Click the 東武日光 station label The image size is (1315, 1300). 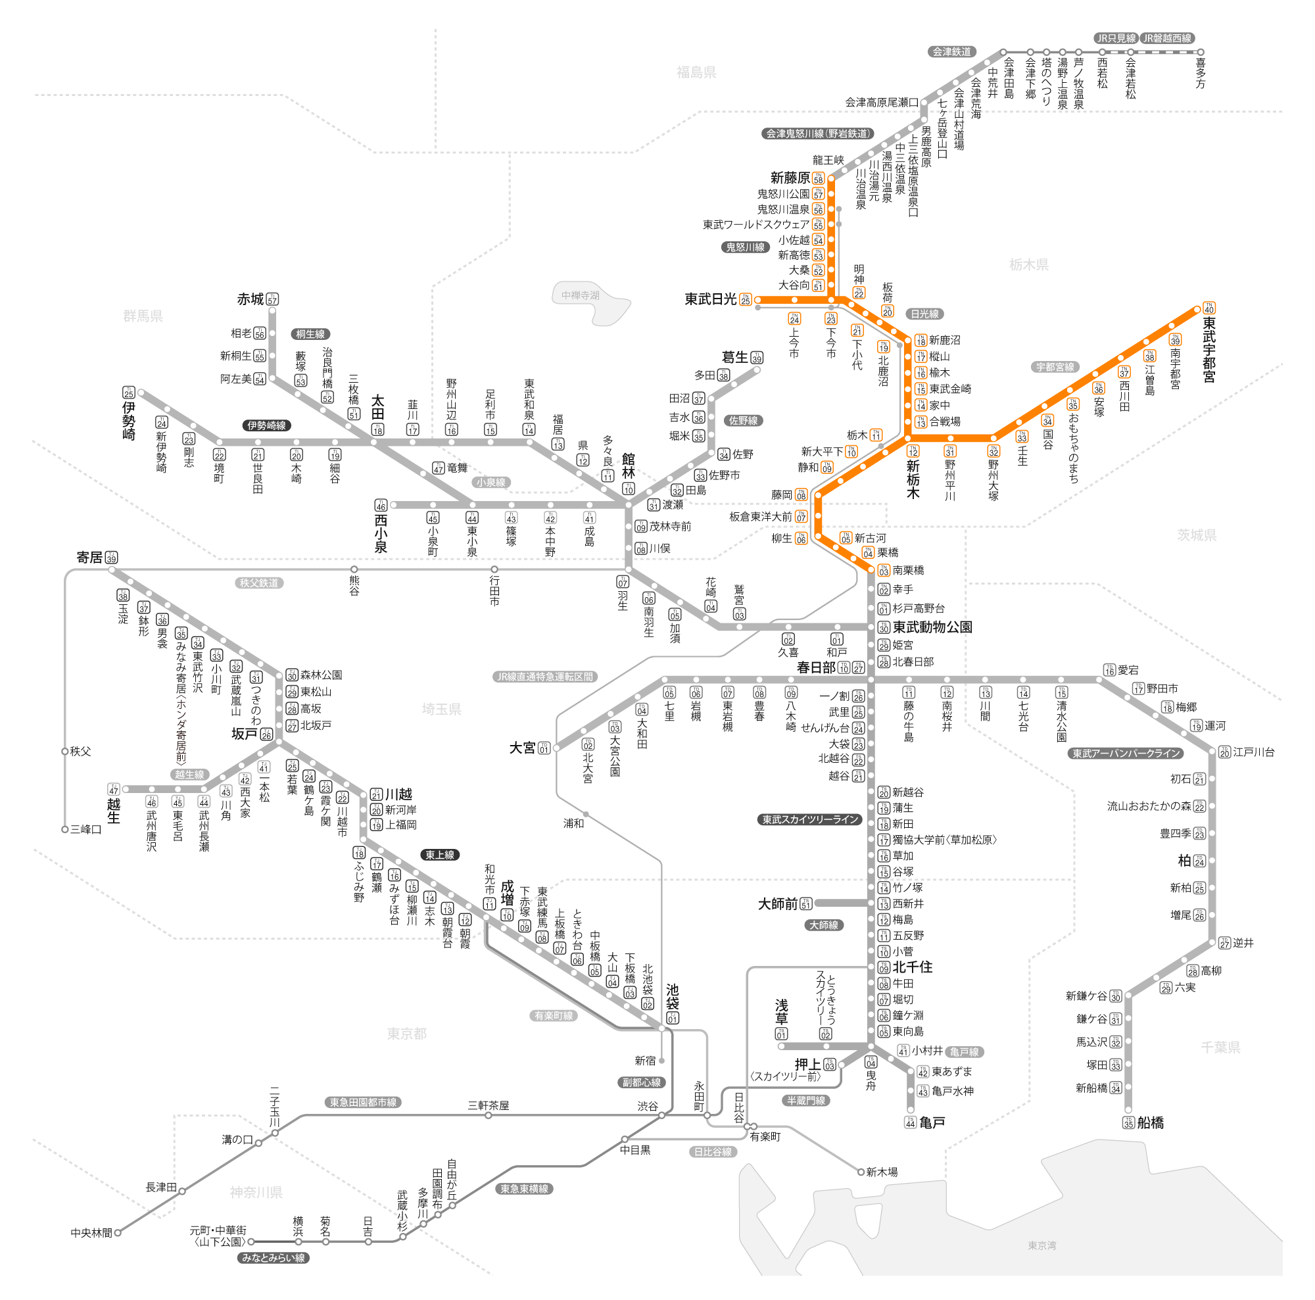(x=710, y=299)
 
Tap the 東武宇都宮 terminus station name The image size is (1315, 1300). (x=1209, y=349)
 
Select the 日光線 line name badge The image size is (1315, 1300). (x=924, y=314)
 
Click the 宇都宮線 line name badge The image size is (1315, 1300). (x=1055, y=367)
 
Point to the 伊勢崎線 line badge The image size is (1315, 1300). (x=267, y=425)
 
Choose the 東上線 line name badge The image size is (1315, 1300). (x=440, y=855)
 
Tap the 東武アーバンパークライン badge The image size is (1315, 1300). (x=1126, y=754)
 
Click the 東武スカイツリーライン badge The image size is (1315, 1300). (x=810, y=819)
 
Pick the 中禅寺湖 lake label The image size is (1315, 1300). (x=580, y=295)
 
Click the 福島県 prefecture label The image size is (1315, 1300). (x=696, y=72)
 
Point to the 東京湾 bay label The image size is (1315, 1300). (x=1041, y=1245)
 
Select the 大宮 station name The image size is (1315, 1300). (x=522, y=748)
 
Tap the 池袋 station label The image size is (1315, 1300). (x=673, y=996)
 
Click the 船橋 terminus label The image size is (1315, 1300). (x=1150, y=1123)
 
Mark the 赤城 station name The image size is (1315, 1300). (x=250, y=299)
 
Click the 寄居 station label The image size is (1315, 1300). (x=89, y=558)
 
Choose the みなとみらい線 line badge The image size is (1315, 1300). (x=274, y=1258)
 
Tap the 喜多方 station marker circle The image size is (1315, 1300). (x=1201, y=52)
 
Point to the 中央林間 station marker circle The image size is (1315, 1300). (x=118, y=1233)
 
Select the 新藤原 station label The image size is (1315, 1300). (x=790, y=178)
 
